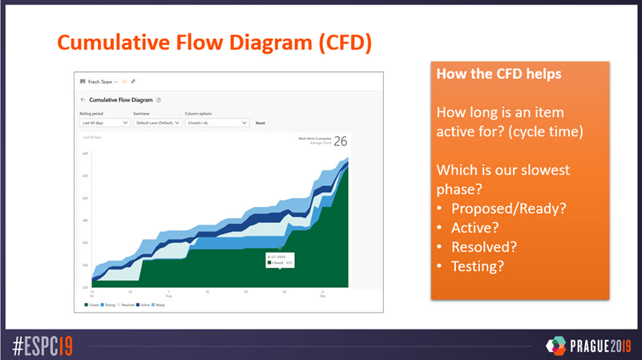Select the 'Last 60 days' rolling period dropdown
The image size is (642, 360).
click(x=105, y=123)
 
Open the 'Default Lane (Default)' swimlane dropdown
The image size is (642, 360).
click(x=157, y=123)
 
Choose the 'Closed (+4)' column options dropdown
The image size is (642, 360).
click(x=216, y=123)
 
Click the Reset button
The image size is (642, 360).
click(x=260, y=123)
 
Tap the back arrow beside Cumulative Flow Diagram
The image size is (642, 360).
click(x=83, y=100)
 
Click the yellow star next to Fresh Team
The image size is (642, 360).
click(x=124, y=82)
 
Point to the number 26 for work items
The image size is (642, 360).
click(x=341, y=142)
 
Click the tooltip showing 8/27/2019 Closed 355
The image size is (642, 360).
click(x=280, y=259)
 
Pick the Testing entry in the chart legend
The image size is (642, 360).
click(x=107, y=305)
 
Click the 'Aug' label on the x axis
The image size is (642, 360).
click(x=169, y=295)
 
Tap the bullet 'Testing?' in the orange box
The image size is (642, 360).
click(x=478, y=265)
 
